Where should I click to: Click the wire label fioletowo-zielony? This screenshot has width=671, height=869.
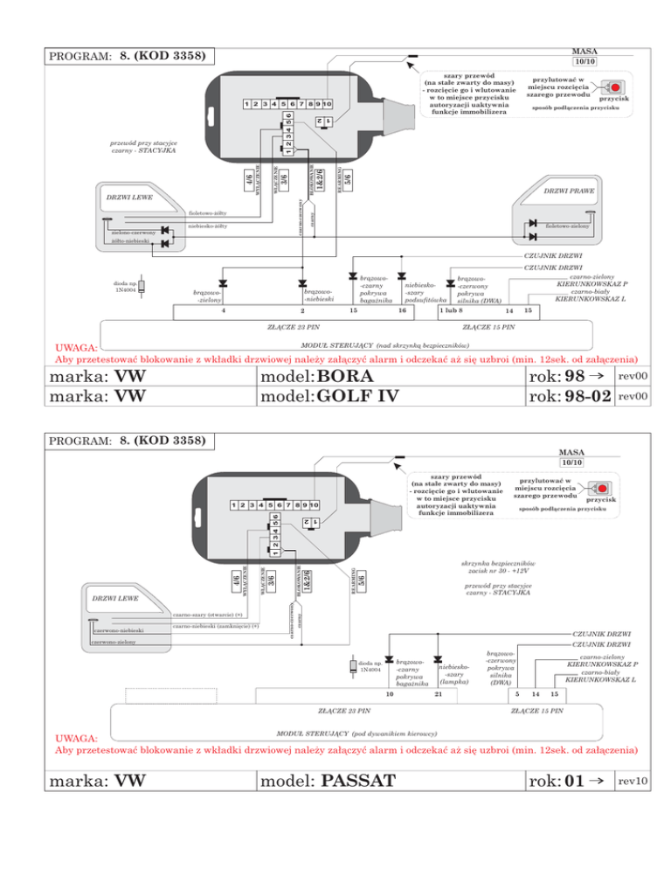click(568, 226)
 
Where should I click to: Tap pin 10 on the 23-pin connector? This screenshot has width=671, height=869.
click(390, 693)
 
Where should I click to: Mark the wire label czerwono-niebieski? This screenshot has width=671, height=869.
click(119, 629)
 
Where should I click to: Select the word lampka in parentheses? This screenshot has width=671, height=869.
click(454, 682)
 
